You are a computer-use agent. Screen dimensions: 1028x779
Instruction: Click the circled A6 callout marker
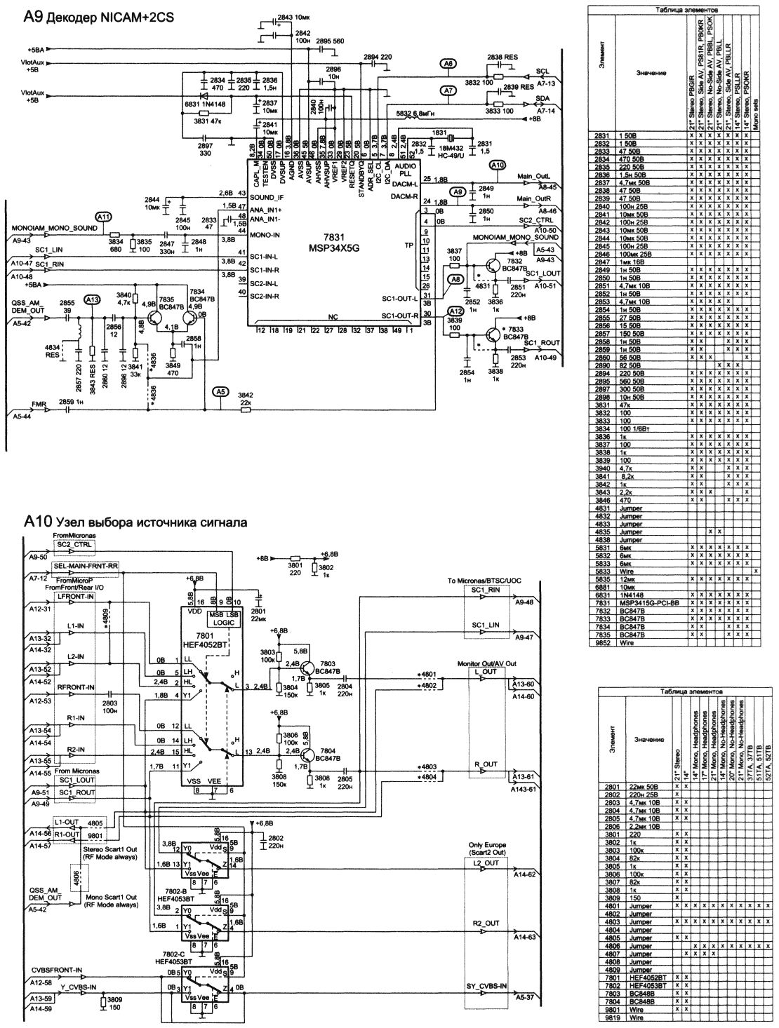(x=448, y=64)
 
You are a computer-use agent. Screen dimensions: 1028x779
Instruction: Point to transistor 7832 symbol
(x=497, y=266)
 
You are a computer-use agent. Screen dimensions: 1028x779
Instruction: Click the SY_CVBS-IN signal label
(x=486, y=987)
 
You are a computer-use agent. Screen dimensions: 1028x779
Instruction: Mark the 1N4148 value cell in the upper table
(x=634, y=595)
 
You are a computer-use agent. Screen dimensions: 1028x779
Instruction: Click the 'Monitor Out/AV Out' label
(x=486, y=663)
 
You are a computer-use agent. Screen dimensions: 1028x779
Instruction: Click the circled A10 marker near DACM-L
(x=497, y=166)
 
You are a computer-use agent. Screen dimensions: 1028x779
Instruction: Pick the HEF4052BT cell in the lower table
(x=644, y=977)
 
